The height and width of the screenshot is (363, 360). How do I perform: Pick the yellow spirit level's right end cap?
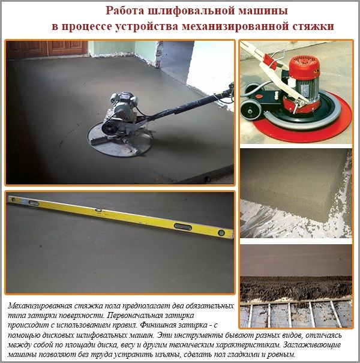point(227,233)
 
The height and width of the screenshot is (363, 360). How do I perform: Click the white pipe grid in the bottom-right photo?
point(294,312)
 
